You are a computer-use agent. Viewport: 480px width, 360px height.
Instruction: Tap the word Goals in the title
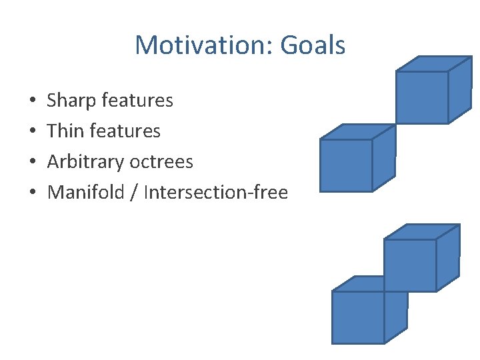[x=313, y=45]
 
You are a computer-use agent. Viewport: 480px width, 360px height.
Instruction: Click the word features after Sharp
[x=139, y=101]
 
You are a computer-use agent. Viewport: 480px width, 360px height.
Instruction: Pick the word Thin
[x=66, y=131]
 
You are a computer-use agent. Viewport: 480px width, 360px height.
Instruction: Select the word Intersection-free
[x=215, y=193]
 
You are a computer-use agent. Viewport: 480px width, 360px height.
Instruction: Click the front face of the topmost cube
[x=421, y=97]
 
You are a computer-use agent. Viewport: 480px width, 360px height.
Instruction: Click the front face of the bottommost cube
[x=358, y=317]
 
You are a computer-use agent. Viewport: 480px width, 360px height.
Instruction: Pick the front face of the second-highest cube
[x=345, y=165]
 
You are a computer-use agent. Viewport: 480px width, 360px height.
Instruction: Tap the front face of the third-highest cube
[x=410, y=265]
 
